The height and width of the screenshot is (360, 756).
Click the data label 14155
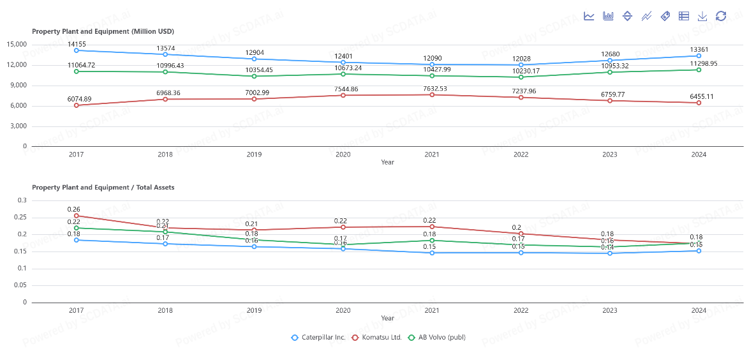point(77,44)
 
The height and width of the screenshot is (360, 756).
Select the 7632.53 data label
point(432,88)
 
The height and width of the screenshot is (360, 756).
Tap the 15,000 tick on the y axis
point(17,44)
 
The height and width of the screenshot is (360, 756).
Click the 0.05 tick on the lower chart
point(20,285)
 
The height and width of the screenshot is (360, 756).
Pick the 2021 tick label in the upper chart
point(432,154)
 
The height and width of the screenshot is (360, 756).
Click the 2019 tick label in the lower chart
point(254,310)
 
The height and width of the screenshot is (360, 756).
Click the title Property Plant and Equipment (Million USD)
point(103,31)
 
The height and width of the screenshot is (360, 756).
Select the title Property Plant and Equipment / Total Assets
point(103,188)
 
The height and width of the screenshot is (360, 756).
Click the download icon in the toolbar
point(702,16)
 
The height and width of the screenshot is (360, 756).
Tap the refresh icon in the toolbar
point(721,16)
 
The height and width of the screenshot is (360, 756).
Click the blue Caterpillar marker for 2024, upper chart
point(699,56)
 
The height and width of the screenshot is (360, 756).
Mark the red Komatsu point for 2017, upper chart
point(77,105)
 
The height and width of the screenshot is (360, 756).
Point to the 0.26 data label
point(74,209)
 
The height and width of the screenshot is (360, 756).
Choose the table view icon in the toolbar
point(684,16)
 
